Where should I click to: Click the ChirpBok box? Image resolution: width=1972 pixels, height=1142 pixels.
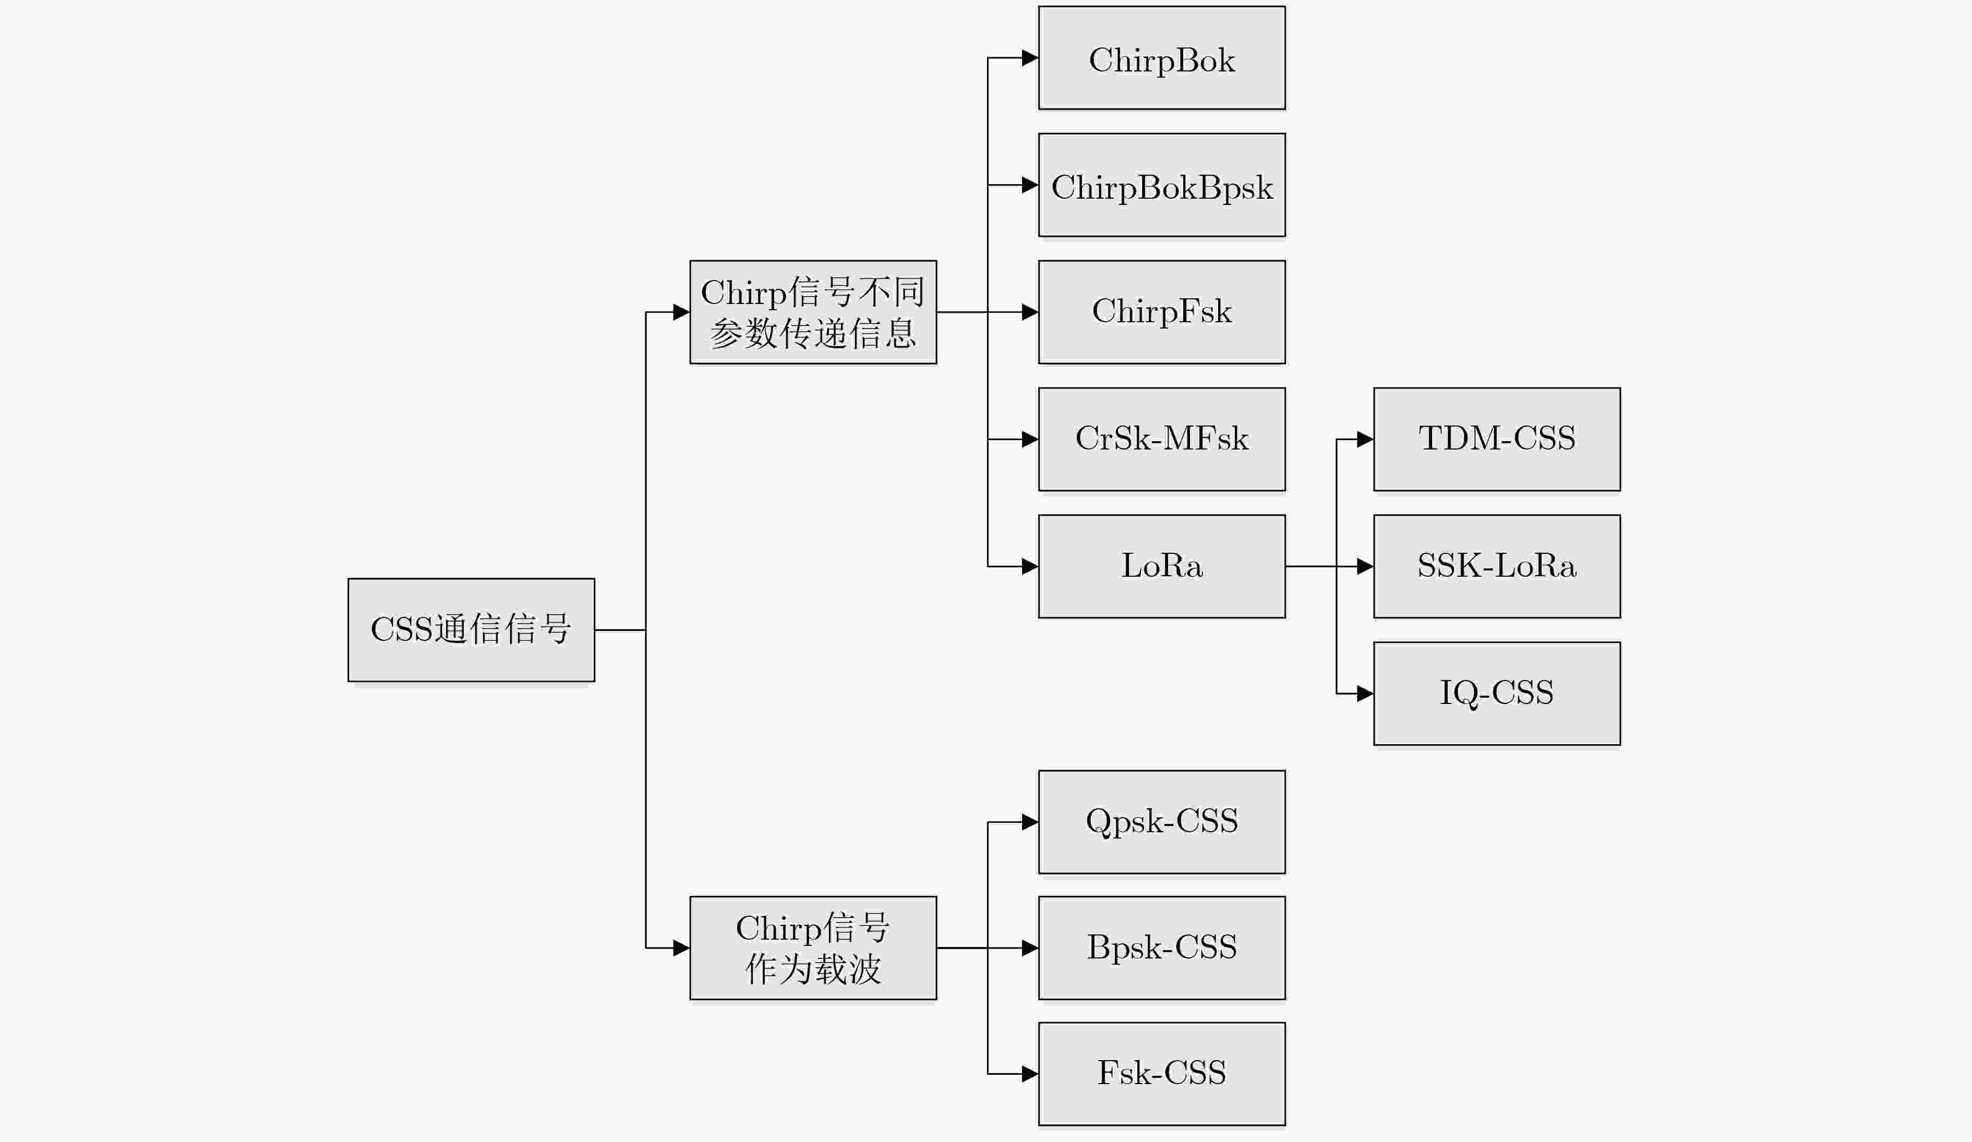[1162, 58]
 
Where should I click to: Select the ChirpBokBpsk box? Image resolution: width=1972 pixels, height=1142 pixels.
[1162, 186]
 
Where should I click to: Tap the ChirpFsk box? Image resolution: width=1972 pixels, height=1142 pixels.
[1162, 312]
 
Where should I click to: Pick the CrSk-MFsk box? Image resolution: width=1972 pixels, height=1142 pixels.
[1162, 440]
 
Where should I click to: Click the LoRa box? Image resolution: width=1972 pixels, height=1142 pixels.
[1162, 566]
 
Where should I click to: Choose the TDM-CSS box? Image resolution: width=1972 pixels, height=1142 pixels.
[1497, 440]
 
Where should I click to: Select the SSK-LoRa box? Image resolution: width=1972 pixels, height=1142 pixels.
[1497, 566]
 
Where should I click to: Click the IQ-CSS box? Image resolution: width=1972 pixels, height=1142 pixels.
[1497, 694]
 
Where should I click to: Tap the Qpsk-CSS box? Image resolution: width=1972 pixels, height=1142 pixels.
[1162, 822]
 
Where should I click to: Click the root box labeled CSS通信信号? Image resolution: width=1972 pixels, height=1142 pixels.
[471, 630]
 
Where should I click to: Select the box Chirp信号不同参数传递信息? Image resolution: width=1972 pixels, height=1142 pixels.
[813, 312]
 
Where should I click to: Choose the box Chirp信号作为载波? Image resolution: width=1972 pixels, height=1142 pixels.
[813, 948]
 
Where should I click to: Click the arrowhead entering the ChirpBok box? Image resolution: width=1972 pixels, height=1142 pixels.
[1031, 58]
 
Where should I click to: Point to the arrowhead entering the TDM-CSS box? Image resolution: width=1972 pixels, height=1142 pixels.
[1366, 440]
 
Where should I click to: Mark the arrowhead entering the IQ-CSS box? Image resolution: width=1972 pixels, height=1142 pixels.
[1366, 694]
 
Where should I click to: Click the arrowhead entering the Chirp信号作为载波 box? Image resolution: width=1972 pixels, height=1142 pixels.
[681, 948]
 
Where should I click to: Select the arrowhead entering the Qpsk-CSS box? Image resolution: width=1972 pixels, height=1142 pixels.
[1031, 822]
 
